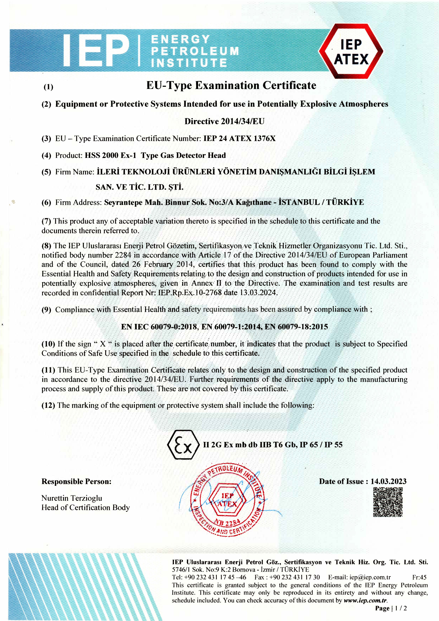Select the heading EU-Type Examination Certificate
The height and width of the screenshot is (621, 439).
pos(231,86)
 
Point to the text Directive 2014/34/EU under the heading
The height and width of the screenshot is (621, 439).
pos(224,121)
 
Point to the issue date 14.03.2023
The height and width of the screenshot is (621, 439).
pos(388,481)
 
